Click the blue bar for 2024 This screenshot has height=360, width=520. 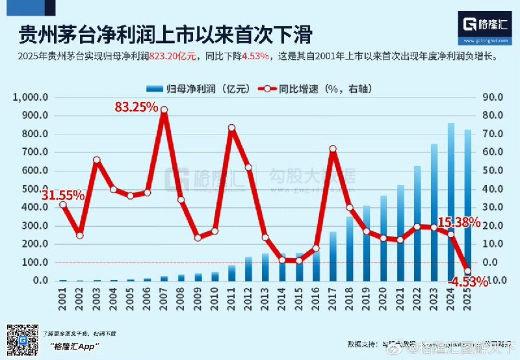(x=450, y=201)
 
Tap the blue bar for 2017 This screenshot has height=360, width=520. (x=333, y=256)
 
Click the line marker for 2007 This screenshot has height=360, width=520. (x=164, y=110)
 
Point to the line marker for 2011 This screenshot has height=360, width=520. (x=231, y=128)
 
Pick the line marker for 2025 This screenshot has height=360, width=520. (x=467, y=271)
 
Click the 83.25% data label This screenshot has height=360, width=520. (x=136, y=107)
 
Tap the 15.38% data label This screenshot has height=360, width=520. (x=458, y=223)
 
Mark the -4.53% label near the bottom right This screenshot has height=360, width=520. (x=466, y=282)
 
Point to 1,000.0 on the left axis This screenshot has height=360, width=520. (x=30, y=97)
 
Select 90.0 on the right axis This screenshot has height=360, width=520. (x=493, y=97)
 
